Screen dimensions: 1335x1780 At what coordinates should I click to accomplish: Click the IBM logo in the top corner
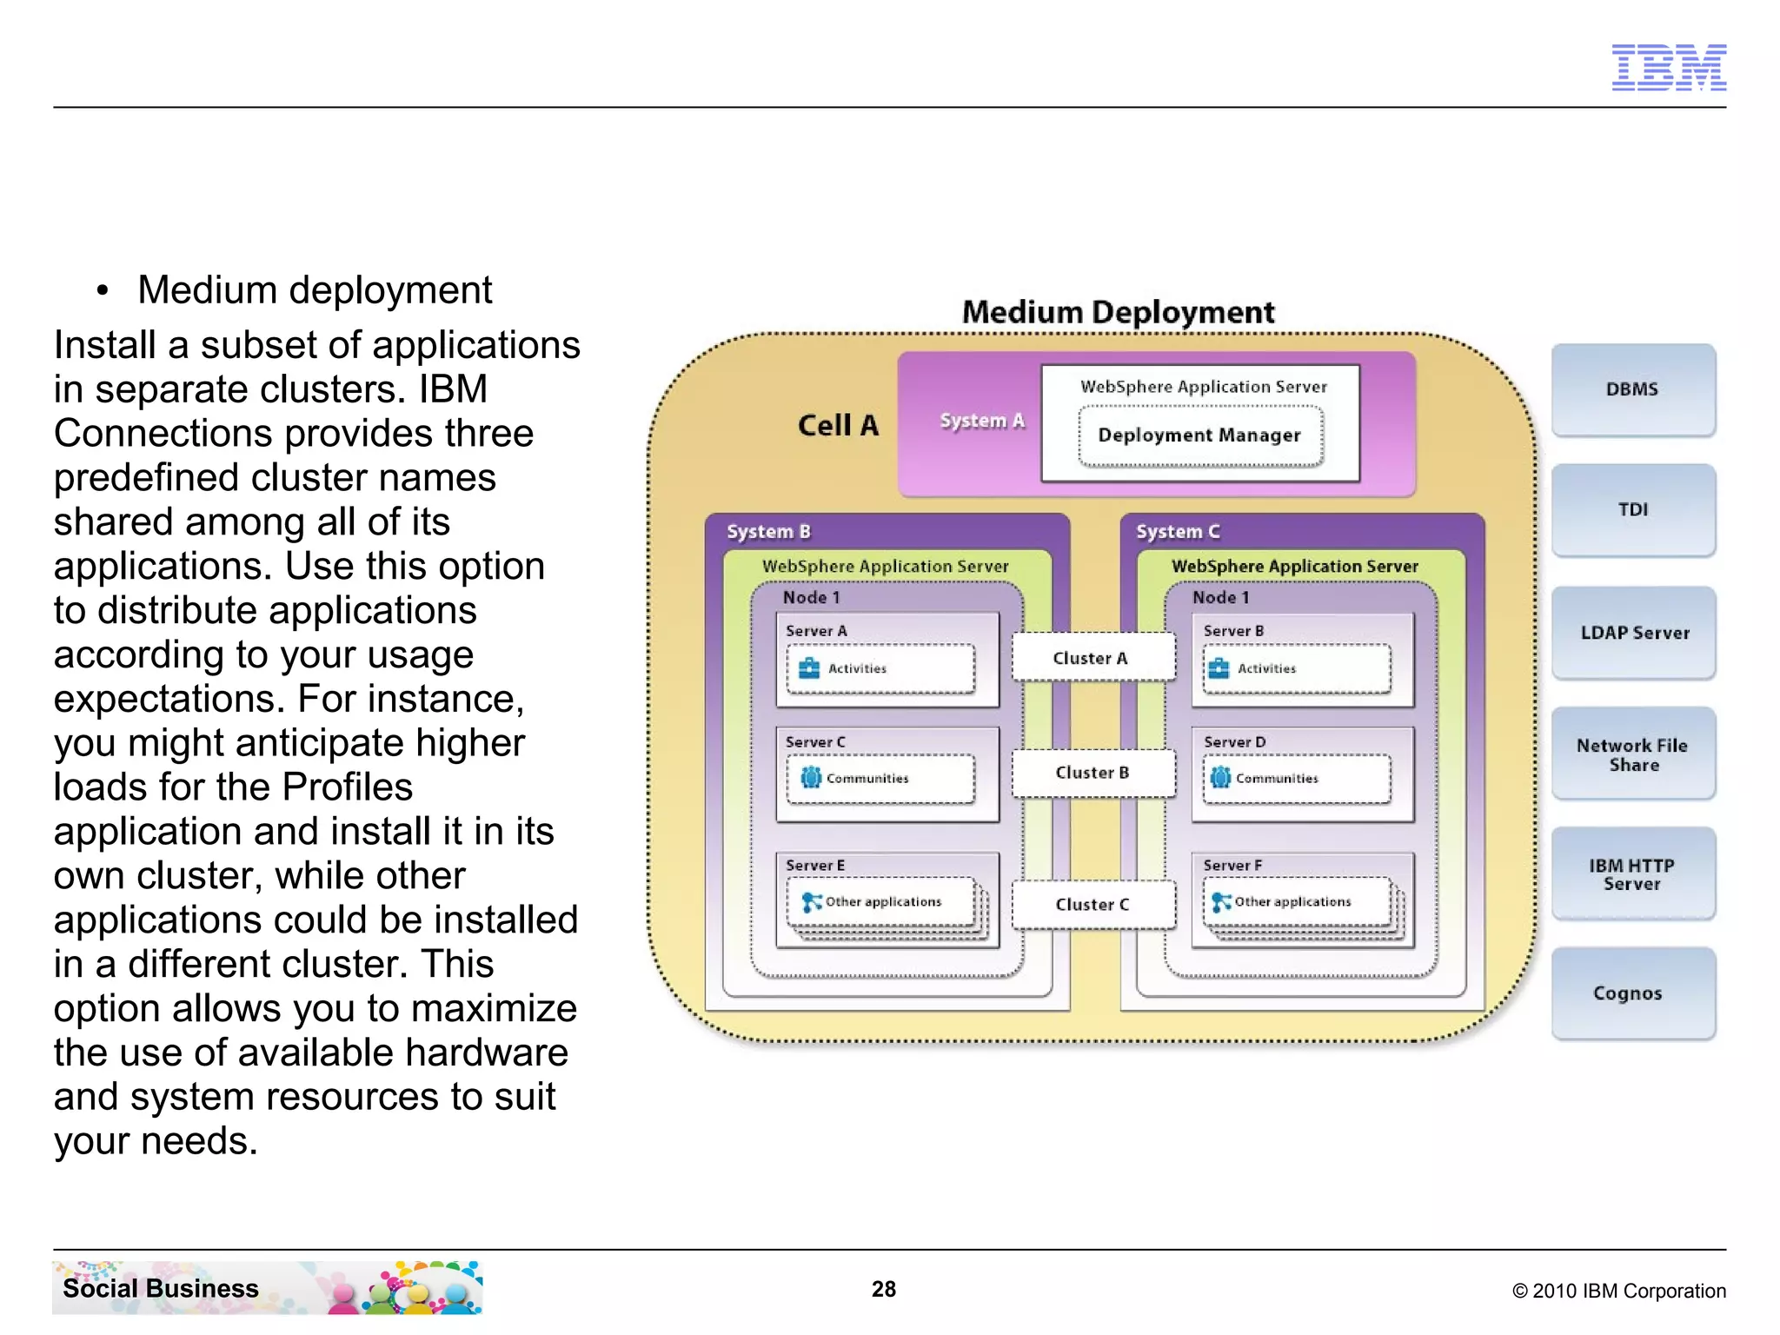click(1668, 67)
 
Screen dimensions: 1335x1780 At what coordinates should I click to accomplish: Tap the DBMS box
click(1632, 389)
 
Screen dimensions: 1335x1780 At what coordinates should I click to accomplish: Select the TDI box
click(1632, 510)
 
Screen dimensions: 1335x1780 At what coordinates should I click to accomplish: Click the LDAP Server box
click(1632, 633)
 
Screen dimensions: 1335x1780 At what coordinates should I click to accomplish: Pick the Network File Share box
click(1632, 754)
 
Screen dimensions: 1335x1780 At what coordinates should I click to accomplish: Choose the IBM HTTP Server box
click(1632, 874)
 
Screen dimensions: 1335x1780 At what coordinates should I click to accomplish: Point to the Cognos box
click(1632, 993)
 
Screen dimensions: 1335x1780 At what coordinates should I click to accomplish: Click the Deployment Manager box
click(1199, 435)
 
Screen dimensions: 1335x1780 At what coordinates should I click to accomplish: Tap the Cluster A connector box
click(1092, 658)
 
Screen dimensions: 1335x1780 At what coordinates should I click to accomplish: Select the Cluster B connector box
click(1092, 773)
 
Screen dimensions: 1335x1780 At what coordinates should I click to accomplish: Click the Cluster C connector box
click(1092, 905)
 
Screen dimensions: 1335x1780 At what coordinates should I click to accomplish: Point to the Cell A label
click(838, 426)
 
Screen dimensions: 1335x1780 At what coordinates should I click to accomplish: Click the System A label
click(982, 422)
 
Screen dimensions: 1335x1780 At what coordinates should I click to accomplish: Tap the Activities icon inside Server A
click(809, 668)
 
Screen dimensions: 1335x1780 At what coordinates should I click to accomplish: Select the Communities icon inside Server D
click(1220, 778)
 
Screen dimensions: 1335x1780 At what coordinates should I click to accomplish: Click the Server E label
click(815, 866)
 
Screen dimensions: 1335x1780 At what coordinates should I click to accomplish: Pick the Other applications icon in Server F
click(1220, 902)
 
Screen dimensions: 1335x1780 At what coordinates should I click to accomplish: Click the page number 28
click(884, 1289)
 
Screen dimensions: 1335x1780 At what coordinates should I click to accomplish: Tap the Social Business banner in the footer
click(267, 1288)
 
